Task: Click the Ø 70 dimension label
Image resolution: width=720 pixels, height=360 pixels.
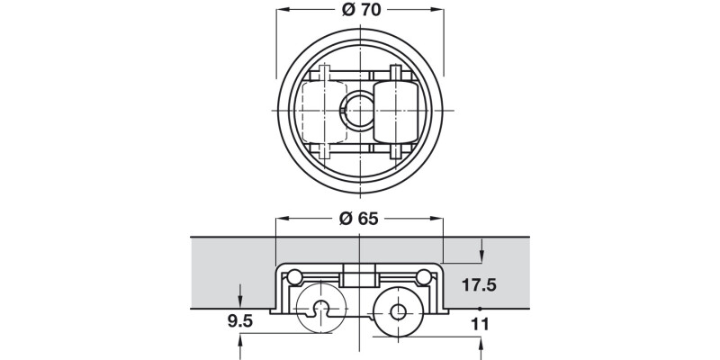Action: tap(359, 11)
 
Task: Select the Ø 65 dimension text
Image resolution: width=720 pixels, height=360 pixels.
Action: tap(359, 219)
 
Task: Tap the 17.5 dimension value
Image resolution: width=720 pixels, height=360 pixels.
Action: tap(479, 286)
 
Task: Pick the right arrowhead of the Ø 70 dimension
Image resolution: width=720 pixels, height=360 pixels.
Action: tap(440, 11)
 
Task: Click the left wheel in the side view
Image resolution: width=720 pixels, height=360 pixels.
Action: tap(320, 310)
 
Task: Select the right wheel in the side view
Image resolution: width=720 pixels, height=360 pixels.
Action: tap(398, 313)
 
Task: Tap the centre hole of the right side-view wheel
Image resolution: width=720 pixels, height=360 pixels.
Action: tap(398, 314)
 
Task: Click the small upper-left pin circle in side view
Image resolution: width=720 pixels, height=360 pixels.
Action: tap(293, 276)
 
